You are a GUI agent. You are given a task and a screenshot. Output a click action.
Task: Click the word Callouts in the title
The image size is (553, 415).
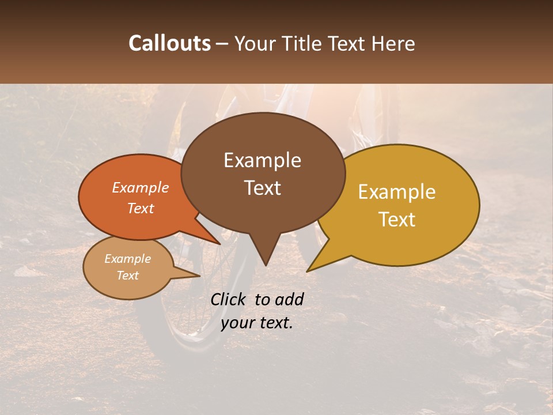pyautogui.click(x=169, y=43)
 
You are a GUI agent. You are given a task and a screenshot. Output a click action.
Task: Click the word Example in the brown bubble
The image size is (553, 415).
pyautogui.click(x=262, y=160)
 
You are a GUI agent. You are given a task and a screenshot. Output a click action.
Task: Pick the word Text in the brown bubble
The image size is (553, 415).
pyautogui.click(x=262, y=187)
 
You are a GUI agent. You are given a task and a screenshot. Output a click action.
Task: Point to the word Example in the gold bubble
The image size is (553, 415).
pyautogui.click(x=397, y=192)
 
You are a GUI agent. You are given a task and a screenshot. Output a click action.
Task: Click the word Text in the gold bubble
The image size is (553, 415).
pyautogui.click(x=397, y=219)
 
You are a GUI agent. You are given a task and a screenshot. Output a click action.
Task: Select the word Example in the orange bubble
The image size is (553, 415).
pyautogui.click(x=140, y=187)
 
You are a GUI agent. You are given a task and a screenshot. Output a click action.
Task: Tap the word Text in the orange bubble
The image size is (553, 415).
pyautogui.click(x=140, y=208)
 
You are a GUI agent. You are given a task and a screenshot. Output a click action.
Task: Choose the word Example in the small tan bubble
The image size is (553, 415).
pyautogui.click(x=127, y=259)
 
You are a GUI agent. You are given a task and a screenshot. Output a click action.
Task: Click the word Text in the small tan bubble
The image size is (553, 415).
pyautogui.click(x=127, y=276)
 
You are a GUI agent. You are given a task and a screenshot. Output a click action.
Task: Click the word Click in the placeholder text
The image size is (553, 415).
pyautogui.click(x=229, y=299)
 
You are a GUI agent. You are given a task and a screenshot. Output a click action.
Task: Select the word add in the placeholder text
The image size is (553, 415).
pyautogui.click(x=289, y=299)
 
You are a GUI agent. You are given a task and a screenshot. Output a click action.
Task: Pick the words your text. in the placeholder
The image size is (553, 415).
pyautogui.click(x=257, y=323)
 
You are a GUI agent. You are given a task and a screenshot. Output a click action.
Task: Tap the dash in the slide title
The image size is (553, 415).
pyautogui.click(x=223, y=43)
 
